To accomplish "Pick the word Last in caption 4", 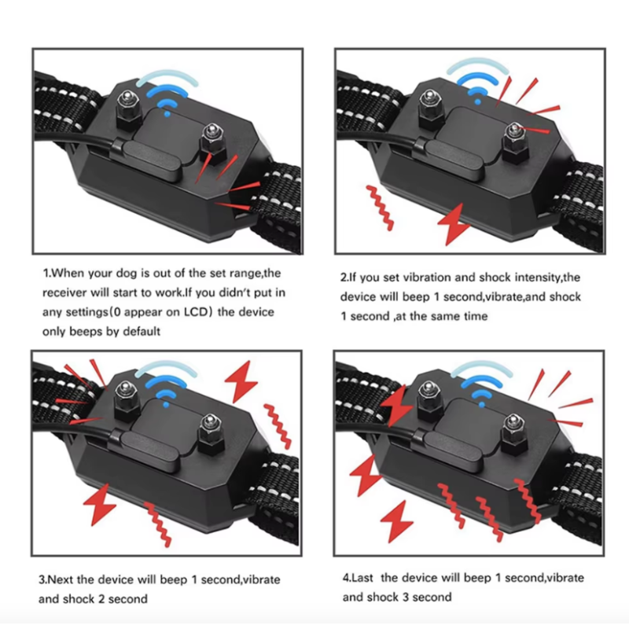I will [366, 578].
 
